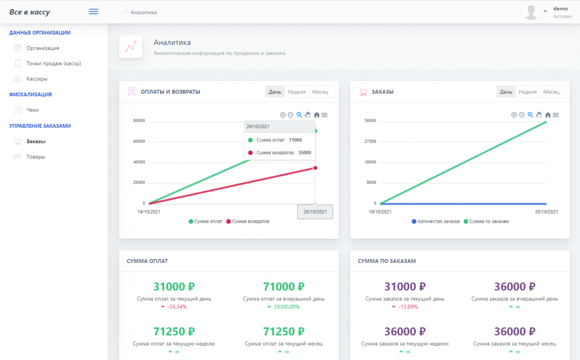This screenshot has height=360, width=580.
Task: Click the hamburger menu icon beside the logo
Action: (94, 12)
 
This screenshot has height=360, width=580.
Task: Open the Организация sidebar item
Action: (43, 48)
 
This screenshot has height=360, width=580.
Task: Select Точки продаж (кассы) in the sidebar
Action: (53, 63)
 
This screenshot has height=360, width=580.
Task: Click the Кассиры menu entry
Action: (37, 79)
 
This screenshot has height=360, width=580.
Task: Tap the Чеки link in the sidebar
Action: (32, 110)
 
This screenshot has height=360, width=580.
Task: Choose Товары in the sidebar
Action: (35, 157)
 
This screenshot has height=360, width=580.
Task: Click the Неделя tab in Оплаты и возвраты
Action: (297, 92)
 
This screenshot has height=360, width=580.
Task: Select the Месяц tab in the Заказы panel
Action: (551, 92)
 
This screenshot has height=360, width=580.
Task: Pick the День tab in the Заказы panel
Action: (506, 92)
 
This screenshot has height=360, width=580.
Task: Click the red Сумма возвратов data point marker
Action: (315, 168)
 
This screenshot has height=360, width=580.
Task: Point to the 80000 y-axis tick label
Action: (139, 121)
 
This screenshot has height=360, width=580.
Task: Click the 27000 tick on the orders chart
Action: (370, 141)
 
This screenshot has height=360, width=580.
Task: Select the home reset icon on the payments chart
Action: (317, 115)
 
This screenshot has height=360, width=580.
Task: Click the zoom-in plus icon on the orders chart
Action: (514, 115)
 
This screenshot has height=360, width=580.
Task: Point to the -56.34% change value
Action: (177, 307)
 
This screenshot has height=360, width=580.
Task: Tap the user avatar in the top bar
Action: (531, 12)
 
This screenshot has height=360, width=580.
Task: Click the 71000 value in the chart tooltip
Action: (295, 140)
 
